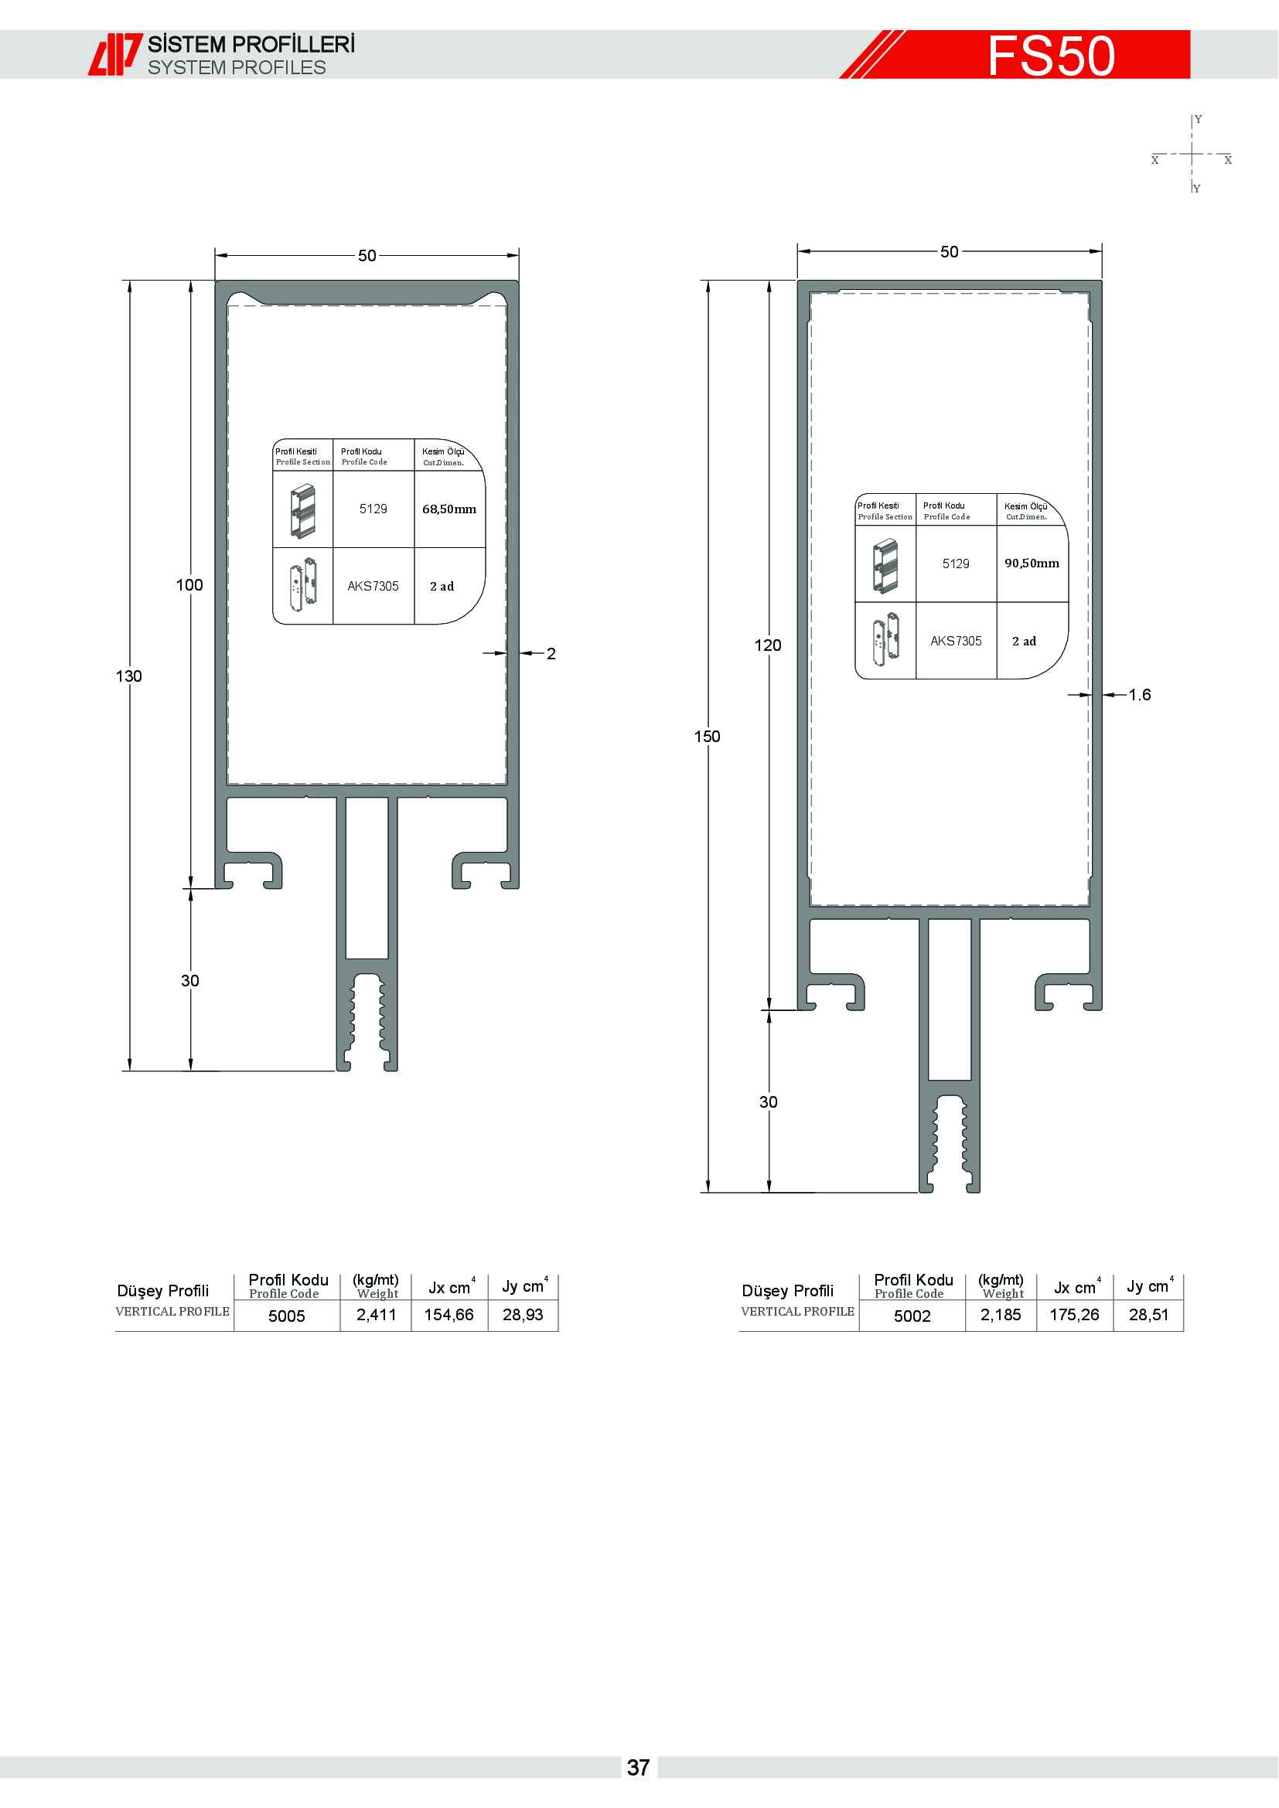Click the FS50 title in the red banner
point(1052,56)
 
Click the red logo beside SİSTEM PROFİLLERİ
point(115,54)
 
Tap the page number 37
point(639,1767)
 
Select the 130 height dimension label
point(129,676)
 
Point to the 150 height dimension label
point(708,737)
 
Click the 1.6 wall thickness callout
point(1140,695)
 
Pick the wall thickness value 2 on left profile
point(551,654)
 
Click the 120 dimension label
point(768,645)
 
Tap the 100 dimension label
point(189,585)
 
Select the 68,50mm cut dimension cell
point(450,509)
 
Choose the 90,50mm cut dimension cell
point(1032,563)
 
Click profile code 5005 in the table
point(287,1316)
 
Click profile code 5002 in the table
point(912,1316)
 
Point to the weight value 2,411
point(377,1315)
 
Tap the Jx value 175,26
point(1075,1315)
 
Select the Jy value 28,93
point(523,1315)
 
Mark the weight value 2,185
point(1001,1315)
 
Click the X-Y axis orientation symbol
point(1192,155)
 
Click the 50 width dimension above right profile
point(950,252)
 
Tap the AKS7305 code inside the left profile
point(373,587)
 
